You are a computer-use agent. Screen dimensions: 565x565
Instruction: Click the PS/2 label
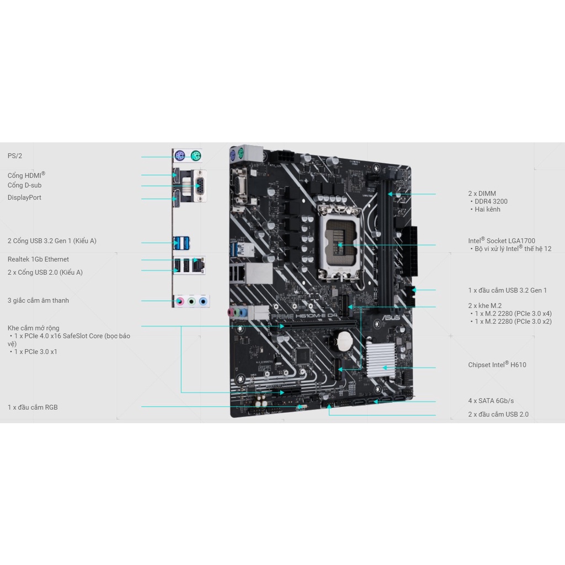point(15,156)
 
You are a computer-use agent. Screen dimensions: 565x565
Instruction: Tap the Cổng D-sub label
point(24,185)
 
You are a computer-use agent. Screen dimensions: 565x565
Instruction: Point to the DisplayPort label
point(24,198)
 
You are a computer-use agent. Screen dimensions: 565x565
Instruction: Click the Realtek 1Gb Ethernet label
point(38,259)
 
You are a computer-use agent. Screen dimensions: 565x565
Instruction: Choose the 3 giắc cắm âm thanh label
point(38,301)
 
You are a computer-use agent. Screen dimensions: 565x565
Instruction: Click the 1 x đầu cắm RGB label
point(33,407)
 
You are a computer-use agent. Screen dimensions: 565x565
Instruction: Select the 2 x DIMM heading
point(482,194)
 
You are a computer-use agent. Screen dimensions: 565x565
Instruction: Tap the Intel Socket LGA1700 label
point(502,241)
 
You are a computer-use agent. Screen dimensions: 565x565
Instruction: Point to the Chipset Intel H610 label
point(497,365)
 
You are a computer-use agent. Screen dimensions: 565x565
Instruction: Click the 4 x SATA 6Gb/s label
point(491,401)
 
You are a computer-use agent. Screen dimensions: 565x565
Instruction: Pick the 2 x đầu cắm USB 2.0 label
point(498,414)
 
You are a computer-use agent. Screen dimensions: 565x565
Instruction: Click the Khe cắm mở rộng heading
point(33,328)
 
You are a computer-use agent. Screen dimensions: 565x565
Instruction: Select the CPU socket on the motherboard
point(339,243)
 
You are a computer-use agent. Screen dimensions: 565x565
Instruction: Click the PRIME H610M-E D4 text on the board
point(304,316)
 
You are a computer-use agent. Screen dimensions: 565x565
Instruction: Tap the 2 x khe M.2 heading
point(484,306)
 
